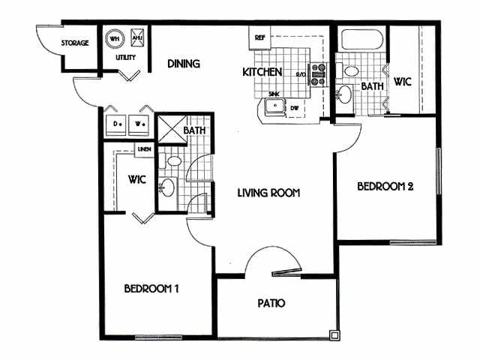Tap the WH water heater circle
click(115, 39)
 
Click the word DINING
click(183, 64)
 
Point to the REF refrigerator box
click(260, 37)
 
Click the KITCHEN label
click(262, 72)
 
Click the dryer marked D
click(117, 123)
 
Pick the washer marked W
click(140, 123)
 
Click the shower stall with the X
click(169, 127)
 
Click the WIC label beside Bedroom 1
click(136, 180)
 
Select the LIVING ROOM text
click(268, 193)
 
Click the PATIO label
click(272, 304)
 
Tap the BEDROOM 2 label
click(385, 187)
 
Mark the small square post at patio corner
click(334, 334)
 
